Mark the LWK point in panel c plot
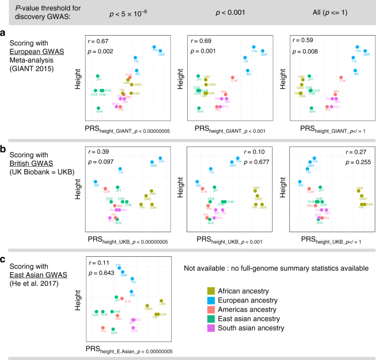click(x=161, y=301)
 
